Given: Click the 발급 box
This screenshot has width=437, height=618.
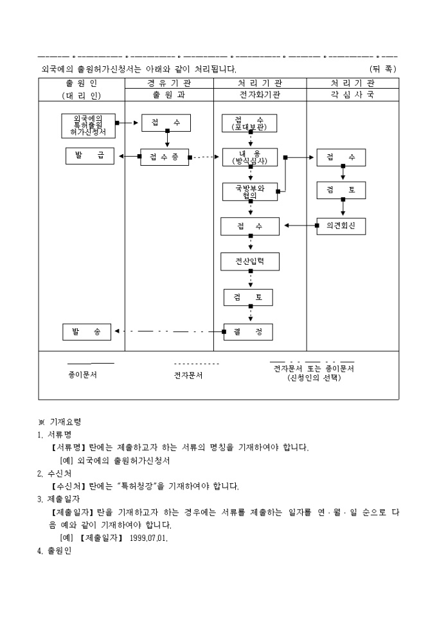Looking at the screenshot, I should coord(89,156).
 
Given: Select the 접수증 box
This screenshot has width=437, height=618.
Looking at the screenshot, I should coord(165,157).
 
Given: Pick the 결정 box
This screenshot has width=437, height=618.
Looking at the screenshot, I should coord(248,331).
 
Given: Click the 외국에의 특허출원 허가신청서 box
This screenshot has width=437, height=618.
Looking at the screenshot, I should coord(89,126).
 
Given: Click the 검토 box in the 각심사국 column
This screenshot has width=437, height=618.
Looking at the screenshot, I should coord(341,191).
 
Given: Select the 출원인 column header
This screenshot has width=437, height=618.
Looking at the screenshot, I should coord(82,83).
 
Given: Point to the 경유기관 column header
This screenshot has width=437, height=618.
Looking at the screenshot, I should coord(169,83).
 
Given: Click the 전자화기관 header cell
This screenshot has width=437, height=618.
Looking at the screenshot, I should coord(260,94).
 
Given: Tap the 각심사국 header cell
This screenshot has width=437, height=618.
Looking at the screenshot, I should coord(352,94).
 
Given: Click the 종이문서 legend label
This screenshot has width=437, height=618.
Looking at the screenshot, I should coord(82,375).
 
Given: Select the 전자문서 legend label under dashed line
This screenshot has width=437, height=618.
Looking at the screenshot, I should coord(188,375).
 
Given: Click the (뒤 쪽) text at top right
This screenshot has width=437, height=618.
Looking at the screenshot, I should coord(383,68).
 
